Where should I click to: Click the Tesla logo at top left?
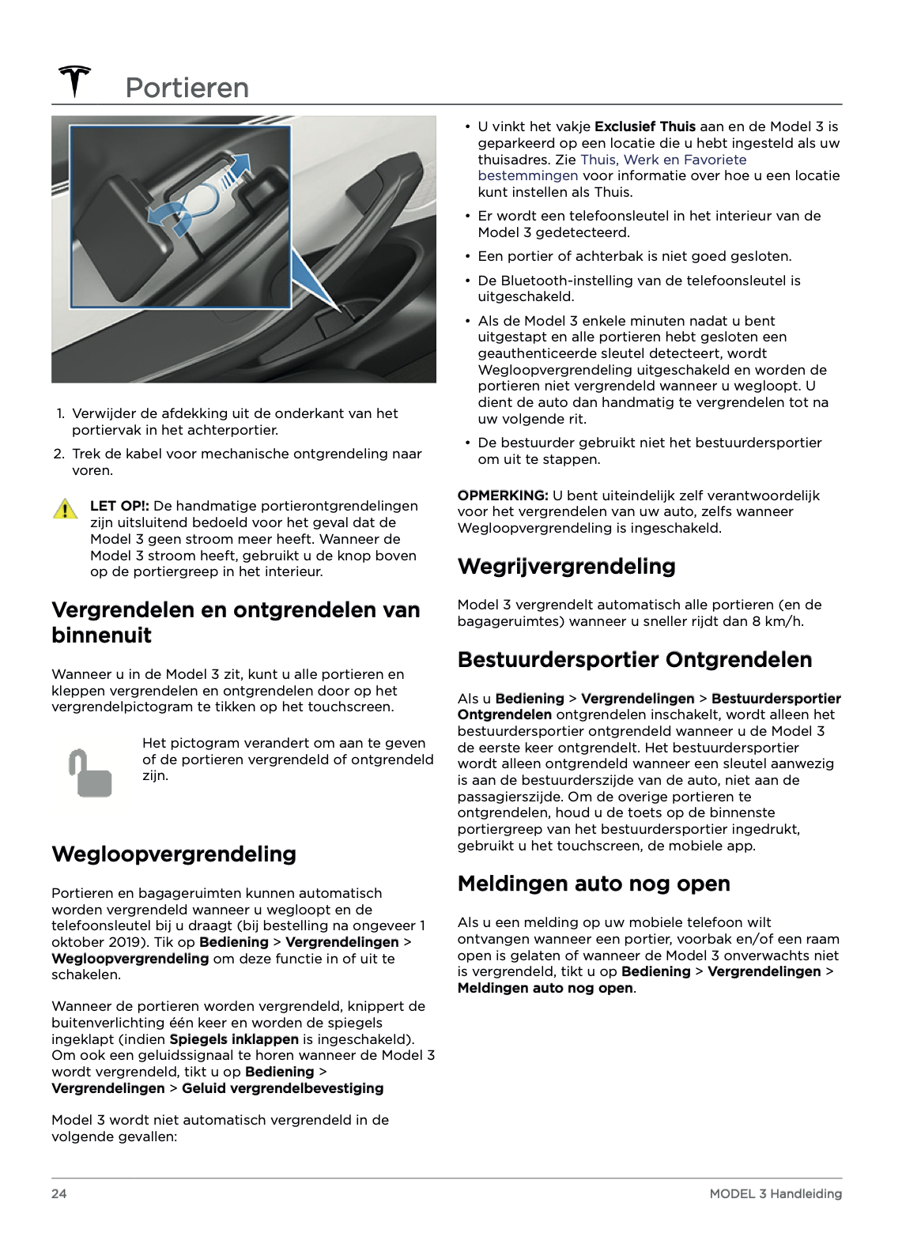coord(74,81)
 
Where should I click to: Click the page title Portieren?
coord(187,88)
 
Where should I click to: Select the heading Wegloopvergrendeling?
coord(174,854)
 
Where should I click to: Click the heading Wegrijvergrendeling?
coord(566,567)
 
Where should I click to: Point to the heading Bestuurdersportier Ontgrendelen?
coord(635,660)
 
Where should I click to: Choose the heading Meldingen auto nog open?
coord(594,884)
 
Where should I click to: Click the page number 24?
coord(59,1193)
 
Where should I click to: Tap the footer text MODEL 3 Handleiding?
coord(775,1193)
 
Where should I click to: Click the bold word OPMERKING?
coord(503,496)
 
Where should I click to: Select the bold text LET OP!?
coord(119,506)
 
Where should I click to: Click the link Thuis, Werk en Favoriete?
coord(663,160)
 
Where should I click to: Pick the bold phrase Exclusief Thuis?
coord(645,126)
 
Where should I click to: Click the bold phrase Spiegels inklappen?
coord(234,1039)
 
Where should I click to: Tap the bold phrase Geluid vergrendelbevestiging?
coord(282,1088)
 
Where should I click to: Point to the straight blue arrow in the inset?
coord(237,169)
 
